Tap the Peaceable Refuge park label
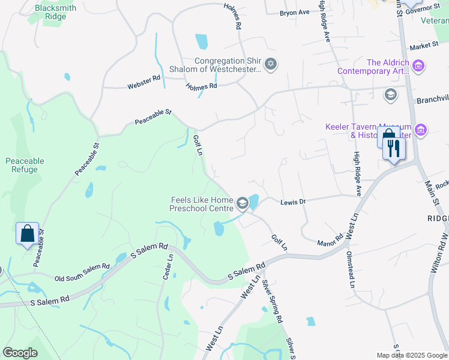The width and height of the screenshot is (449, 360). (x=25, y=165)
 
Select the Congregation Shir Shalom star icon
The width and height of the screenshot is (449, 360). (x=271, y=64)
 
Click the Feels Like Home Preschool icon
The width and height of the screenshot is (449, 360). (x=242, y=204)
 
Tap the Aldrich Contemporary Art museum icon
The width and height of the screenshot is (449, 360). (x=418, y=66)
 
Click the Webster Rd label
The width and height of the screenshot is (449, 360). (x=143, y=82)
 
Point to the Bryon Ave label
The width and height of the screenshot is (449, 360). (x=295, y=12)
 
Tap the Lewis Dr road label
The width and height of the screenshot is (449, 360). (x=294, y=202)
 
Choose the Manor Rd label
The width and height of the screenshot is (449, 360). (x=330, y=239)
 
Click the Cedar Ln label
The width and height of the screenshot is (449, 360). (x=167, y=266)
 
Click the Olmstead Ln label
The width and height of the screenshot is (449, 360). (x=351, y=268)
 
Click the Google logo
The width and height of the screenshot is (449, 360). (x=20, y=353)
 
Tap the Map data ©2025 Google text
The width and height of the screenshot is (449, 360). (x=411, y=355)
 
